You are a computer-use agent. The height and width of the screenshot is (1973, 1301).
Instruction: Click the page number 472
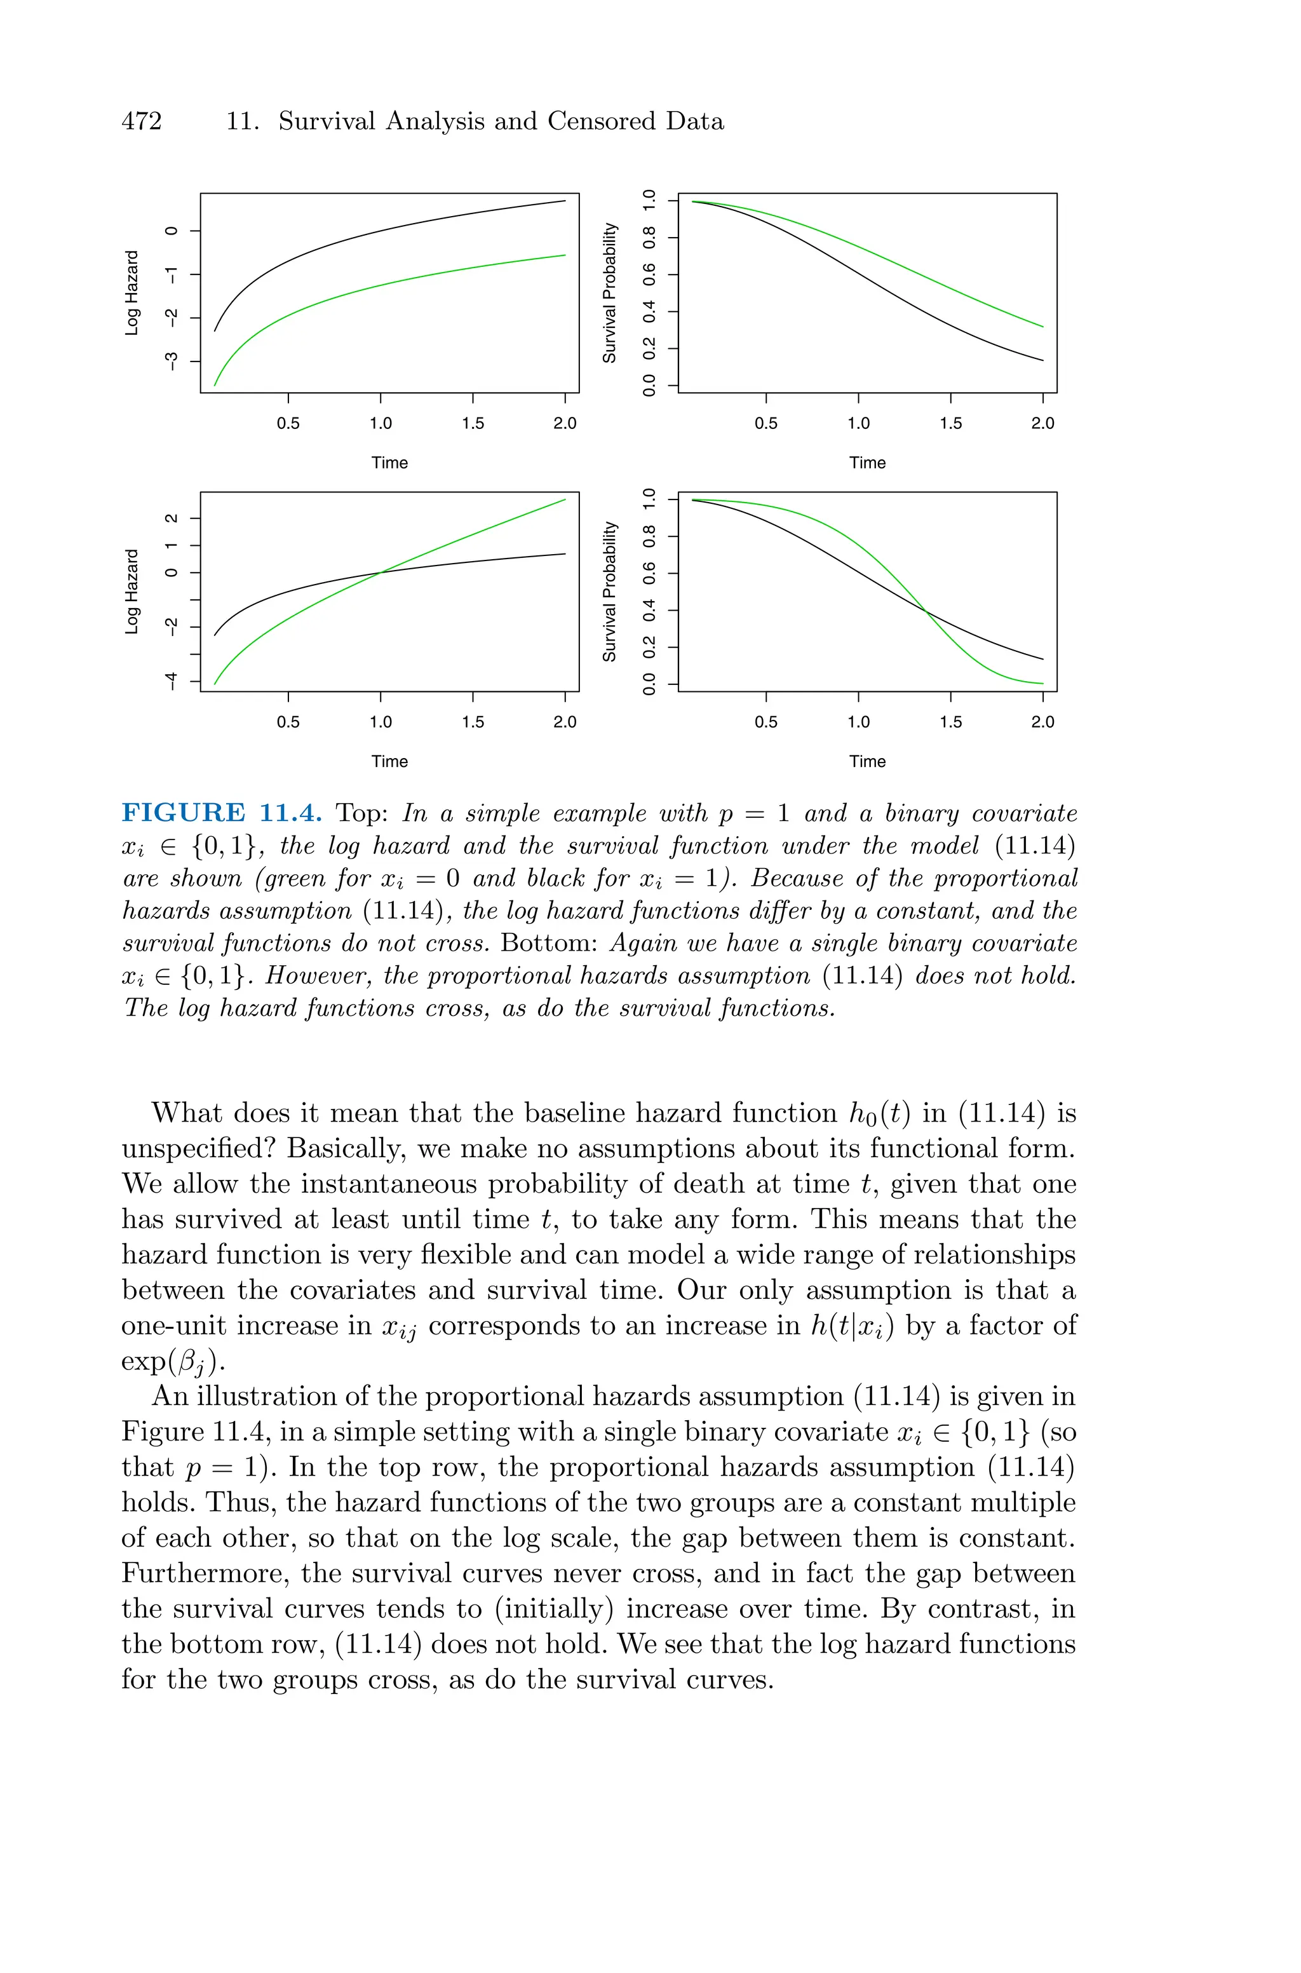(x=142, y=121)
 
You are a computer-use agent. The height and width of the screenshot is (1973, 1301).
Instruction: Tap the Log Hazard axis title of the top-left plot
(x=131, y=293)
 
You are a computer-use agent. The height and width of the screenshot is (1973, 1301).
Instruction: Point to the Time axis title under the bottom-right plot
(x=867, y=762)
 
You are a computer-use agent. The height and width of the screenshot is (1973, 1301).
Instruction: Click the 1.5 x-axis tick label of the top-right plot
(x=950, y=423)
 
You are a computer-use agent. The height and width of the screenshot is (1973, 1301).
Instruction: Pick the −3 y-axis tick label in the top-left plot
(x=171, y=361)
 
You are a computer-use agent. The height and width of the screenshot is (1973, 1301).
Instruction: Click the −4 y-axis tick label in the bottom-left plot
(x=171, y=681)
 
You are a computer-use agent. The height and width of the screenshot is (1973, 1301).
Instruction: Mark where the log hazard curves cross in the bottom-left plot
(x=381, y=572)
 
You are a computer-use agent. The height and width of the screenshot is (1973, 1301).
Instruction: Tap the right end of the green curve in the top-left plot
(x=565, y=255)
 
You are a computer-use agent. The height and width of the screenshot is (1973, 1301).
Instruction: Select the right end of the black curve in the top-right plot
(x=1042, y=360)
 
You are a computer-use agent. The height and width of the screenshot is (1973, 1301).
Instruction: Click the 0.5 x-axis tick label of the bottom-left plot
(x=288, y=722)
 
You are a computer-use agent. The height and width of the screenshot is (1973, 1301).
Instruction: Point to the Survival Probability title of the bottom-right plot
(x=610, y=592)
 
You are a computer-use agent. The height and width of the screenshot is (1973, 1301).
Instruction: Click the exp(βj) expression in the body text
(x=173, y=1362)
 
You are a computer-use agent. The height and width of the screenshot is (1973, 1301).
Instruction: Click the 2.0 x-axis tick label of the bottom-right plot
(x=1042, y=722)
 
